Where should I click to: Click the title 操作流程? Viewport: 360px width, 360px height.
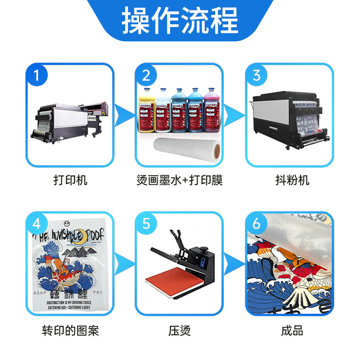(x=180, y=21)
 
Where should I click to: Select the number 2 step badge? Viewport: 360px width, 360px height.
(x=146, y=75)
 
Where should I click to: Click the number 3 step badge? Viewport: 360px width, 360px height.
(x=256, y=75)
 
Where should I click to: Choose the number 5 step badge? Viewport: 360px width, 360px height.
(x=146, y=224)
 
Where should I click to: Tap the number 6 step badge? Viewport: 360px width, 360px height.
(x=256, y=224)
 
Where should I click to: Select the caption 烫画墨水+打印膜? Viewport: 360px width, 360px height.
(x=180, y=180)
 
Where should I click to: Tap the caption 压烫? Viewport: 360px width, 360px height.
(x=180, y=331)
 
